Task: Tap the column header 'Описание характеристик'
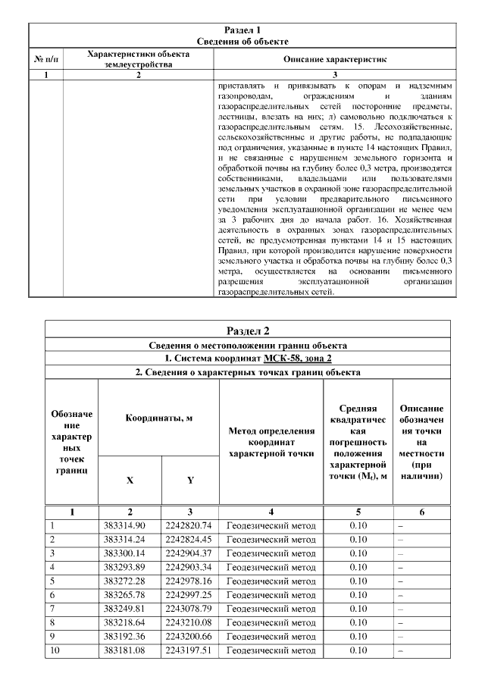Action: pos(334,58)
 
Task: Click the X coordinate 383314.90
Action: pos(129,525)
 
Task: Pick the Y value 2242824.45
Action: pos(189,539)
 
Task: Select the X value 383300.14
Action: pos(129,553)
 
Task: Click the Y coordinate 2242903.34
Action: pos(189,567)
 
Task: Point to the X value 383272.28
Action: pos(129,581)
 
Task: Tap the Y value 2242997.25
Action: pos(189,595)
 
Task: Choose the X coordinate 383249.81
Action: pos(129,609)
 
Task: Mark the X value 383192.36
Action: pos(129,637)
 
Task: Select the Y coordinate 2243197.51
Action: pos(189,650)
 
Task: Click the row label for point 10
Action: pos(54,650)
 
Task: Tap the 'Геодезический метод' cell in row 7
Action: pos(271,609)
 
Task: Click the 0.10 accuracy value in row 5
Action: pos(358,581)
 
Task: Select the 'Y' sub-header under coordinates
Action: pos(189,480)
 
